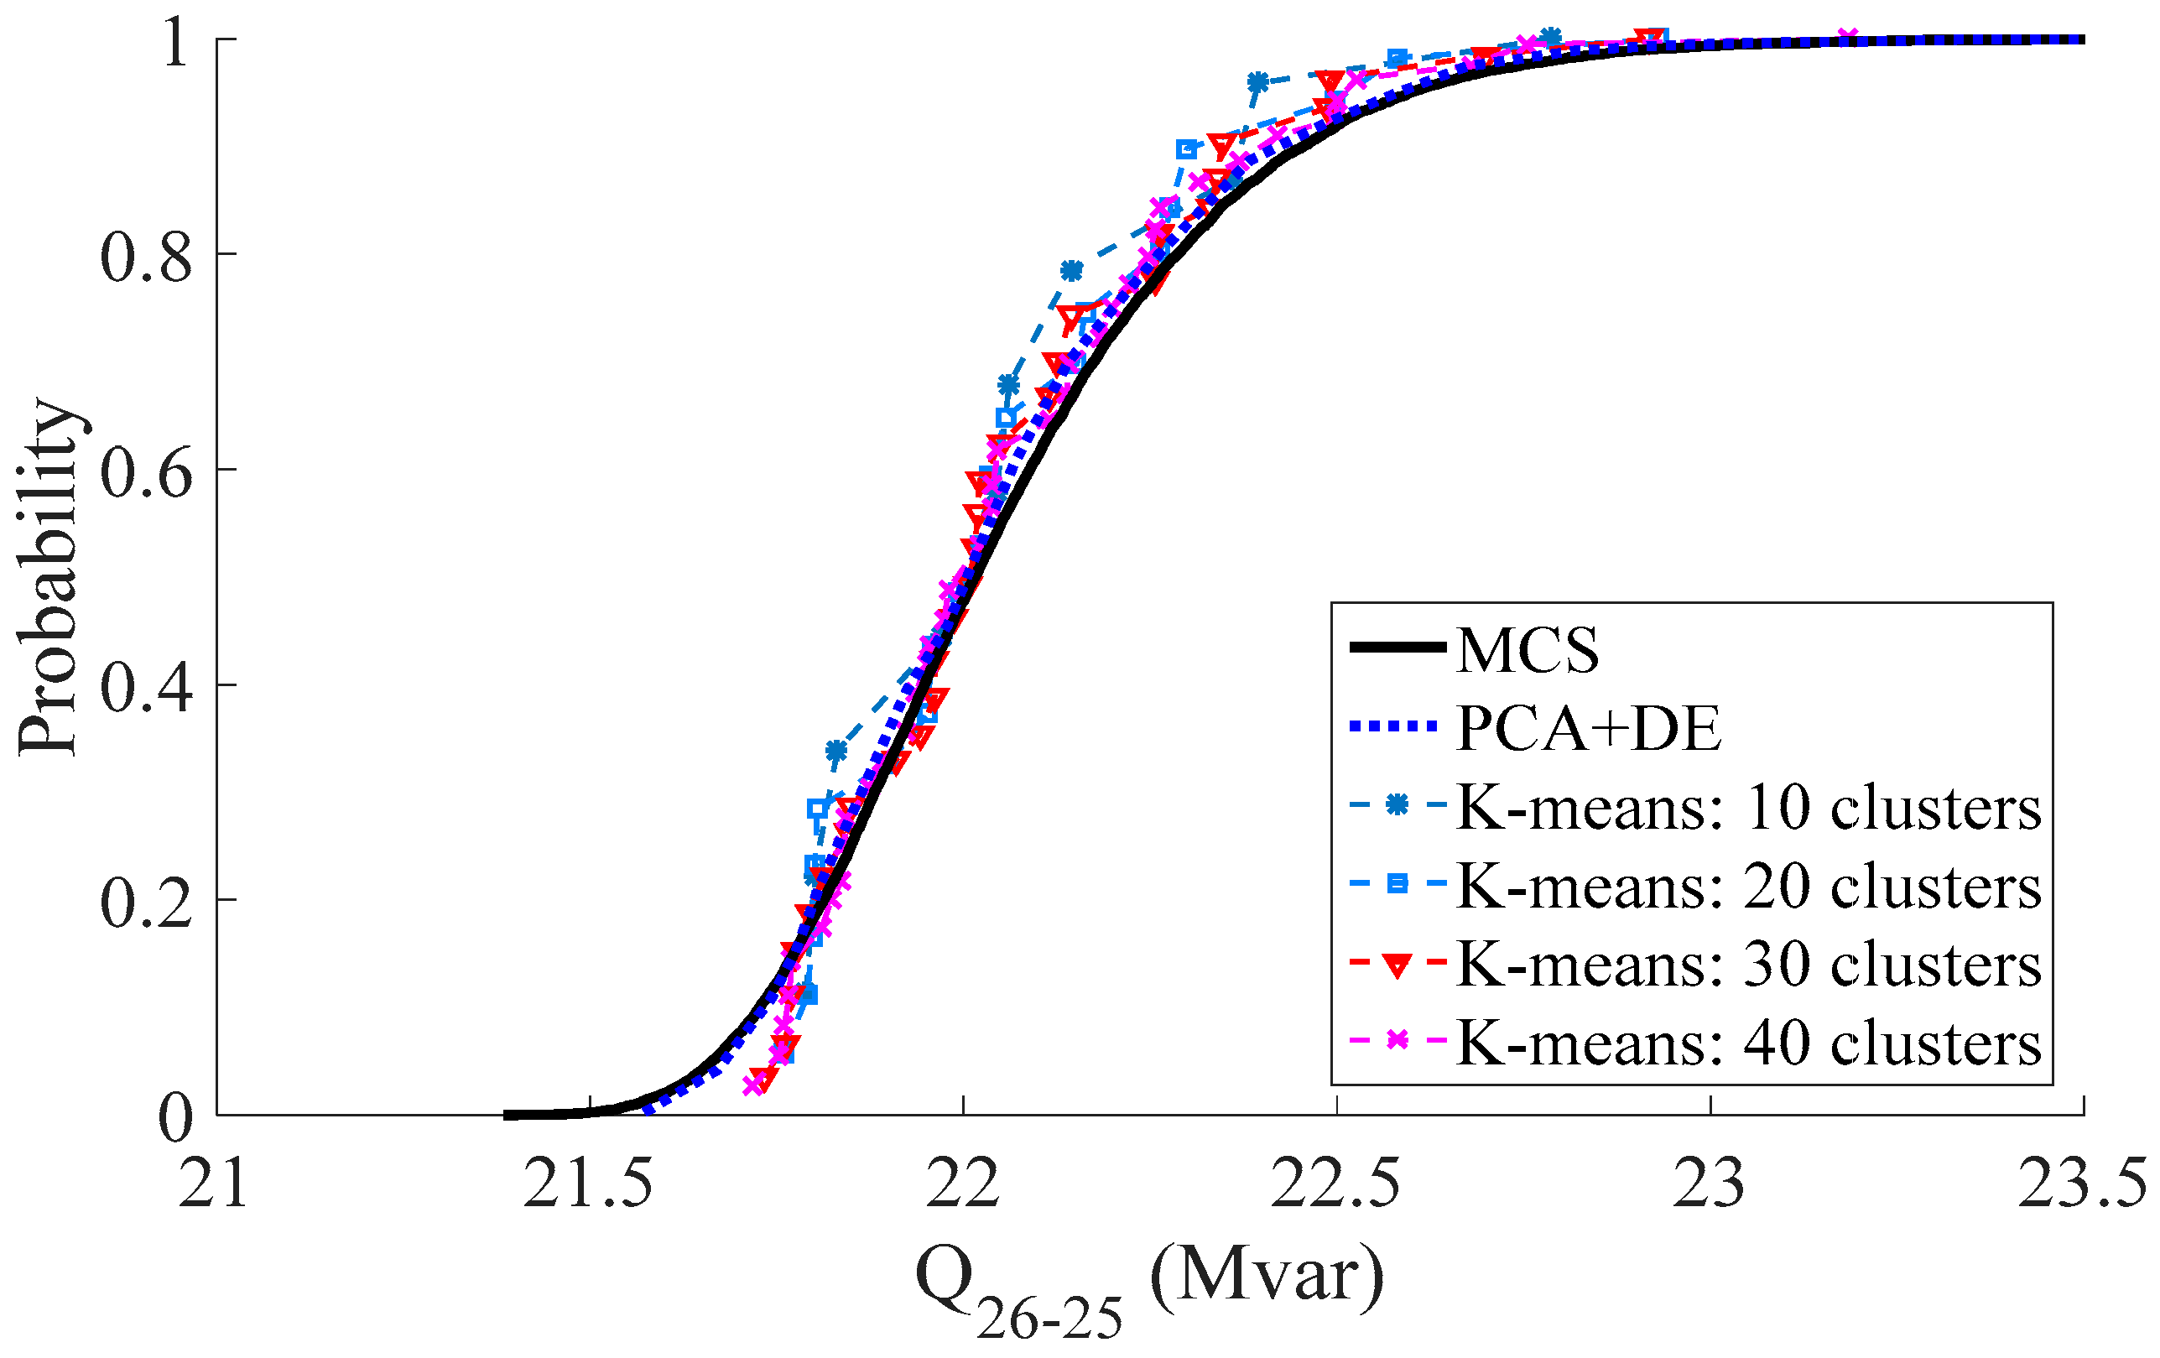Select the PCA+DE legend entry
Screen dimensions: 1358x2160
click(1588, 728)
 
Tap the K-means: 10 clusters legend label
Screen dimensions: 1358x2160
click(1748, 807)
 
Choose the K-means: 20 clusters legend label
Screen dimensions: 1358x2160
click(1748, 887)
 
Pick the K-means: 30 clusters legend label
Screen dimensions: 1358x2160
click(1748, 965)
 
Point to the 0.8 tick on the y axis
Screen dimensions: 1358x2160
click(146, 258)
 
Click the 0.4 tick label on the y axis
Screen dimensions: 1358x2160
click(146, 688)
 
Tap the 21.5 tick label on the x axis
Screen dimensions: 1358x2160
click(588, 1185)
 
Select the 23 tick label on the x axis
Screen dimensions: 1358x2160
click(1710, 1185)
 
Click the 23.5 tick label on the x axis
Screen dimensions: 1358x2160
click(2081, 1185)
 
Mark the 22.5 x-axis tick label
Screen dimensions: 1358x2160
click(1335, 1185)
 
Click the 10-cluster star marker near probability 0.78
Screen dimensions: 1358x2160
click(1071, 270)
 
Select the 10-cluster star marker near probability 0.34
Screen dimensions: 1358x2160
click(836, 750)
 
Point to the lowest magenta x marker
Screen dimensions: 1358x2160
click(753, 1085)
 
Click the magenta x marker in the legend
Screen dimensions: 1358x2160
click(1397, 1040)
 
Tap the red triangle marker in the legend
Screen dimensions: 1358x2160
click(1397, 965)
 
